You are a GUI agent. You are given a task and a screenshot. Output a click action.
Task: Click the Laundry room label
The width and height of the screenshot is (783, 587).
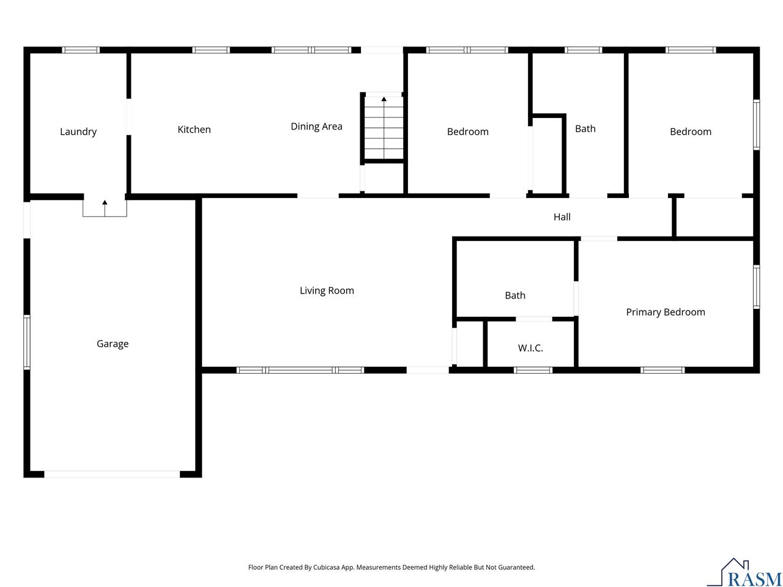[78, 131]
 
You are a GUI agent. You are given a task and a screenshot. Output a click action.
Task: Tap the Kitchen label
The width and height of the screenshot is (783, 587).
[194, 129]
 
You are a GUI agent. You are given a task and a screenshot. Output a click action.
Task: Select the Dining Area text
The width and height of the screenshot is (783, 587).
[316, 126]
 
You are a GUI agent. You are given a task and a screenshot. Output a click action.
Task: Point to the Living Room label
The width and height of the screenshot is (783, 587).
[327, 290]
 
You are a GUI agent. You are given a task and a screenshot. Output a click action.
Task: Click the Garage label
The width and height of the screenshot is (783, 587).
[113, 344]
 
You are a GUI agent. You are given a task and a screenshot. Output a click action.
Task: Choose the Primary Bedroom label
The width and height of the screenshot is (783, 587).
[665, 312]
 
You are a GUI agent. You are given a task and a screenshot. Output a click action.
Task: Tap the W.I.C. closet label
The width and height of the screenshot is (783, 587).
[530, 348]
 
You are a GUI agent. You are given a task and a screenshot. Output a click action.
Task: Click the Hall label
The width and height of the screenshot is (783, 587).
[562, 216]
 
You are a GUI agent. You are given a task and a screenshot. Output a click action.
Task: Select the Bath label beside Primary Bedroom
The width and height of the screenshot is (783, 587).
[514, 295]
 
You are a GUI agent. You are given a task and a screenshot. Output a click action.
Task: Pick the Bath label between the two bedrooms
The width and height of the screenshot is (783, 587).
[585, 128]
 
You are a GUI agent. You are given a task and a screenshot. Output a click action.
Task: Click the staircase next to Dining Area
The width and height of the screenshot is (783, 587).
[384, 127]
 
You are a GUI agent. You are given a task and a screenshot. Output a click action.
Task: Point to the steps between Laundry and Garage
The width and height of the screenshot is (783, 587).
[105, 207]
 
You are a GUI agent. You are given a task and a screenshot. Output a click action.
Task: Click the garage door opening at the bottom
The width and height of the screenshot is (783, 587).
[112, 474]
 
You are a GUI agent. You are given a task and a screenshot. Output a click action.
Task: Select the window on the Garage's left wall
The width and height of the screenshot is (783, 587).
[27, 342]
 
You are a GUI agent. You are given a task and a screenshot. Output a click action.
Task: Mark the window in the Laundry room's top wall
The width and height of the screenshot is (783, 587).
[81, 50]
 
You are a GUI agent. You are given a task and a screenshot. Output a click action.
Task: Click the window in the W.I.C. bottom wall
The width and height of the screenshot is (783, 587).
[533, 370]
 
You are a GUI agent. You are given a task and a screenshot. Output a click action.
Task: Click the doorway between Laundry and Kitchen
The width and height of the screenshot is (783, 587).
[128, 117]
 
